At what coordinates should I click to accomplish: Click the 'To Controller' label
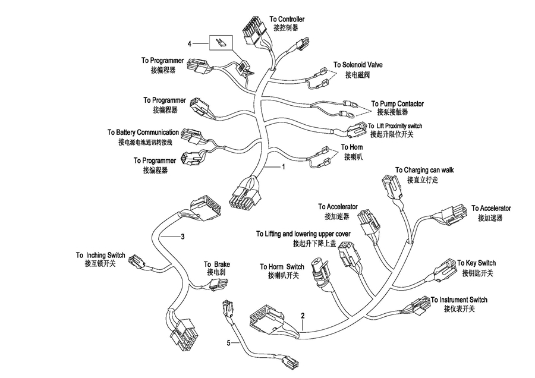coord(287,19)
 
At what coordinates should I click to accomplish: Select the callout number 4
coord(190,43)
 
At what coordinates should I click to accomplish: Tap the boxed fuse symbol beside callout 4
coord(221,43)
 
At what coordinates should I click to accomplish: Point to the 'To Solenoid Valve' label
coord(358,65)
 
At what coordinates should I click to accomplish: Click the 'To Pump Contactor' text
coord(398,103)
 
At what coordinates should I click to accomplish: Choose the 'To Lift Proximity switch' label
coord(395,126)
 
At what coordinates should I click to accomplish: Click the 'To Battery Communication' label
coord(143,133)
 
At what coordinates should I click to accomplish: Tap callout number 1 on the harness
coord(283,167)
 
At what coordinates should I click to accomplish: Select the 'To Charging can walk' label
coord(424,170)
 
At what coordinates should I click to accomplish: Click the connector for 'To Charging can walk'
coord(391,186)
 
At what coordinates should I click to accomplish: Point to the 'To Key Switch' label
coord(476,263)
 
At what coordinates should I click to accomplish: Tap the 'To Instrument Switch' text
coord(459,300)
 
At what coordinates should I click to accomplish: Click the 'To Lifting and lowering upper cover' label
coord(303,234)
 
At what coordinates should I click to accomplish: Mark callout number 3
coord(182,237)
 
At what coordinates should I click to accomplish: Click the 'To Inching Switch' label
coord(100,255)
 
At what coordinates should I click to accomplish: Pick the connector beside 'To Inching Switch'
coord(137,262)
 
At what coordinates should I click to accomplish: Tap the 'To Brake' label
coord(217,264)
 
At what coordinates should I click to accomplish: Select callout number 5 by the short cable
coord(229,343)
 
